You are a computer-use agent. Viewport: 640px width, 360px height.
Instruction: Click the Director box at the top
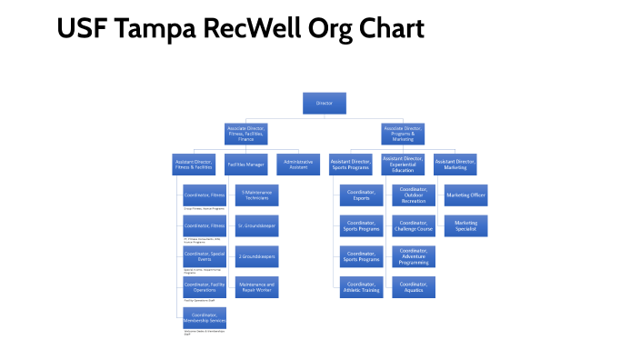(x=324, y=104)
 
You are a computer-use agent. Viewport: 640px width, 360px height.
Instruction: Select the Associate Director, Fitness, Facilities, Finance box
(x=245, y=135)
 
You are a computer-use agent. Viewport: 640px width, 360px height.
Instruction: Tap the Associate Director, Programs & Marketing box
(x=402, y=135)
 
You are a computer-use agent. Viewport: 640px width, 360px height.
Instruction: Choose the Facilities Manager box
(x=245, y=165)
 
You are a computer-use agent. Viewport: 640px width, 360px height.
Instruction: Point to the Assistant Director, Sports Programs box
(x=350, y=165)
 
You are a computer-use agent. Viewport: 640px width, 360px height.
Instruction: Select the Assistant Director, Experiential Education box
(x=403, y=165)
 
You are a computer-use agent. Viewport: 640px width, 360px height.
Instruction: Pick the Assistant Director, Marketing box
(x=455, y=165)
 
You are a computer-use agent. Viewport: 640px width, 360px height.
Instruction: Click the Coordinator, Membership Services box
(x=205, y=319)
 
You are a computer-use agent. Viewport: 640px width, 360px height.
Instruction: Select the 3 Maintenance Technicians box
(x=257, y=195)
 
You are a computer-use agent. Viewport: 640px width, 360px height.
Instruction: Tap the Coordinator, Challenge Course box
(x=414, y=226)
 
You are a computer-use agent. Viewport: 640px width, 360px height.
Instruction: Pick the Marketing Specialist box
(x=465, y=226)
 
